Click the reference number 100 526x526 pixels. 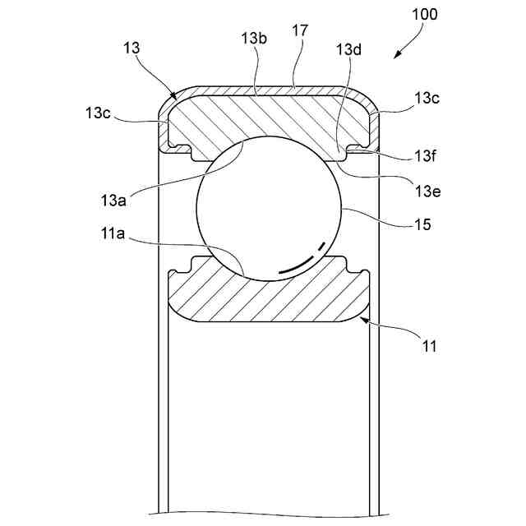coord(426,15)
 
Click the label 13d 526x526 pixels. coord(348,49)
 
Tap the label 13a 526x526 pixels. coord(114,200)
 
